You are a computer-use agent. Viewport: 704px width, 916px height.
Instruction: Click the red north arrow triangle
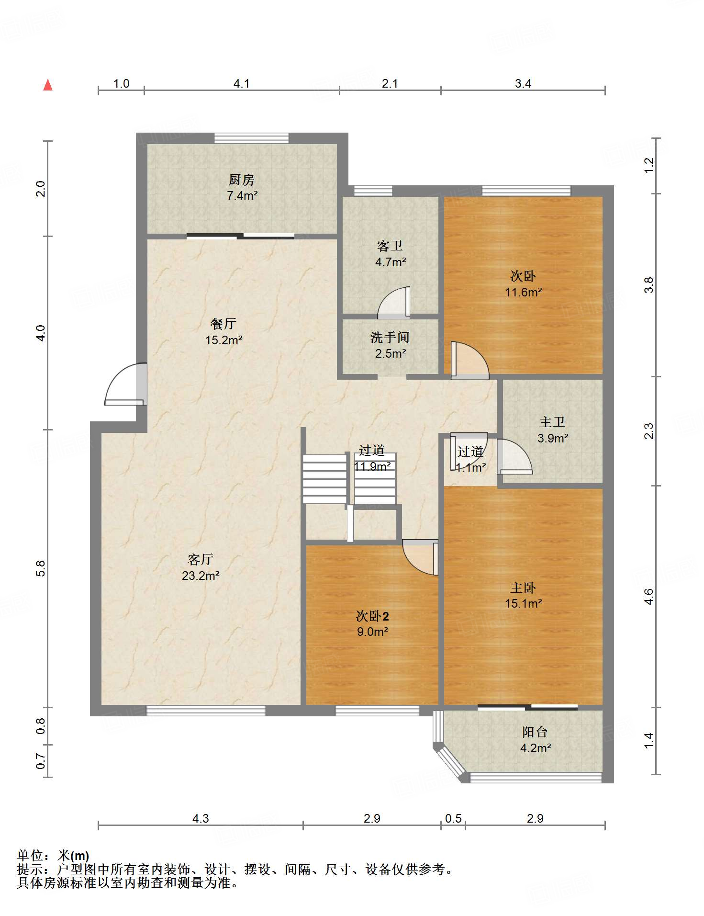pos(48,85)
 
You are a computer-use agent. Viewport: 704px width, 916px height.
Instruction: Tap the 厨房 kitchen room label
pos(242,180)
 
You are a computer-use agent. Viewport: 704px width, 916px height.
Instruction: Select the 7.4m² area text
pos(242,195)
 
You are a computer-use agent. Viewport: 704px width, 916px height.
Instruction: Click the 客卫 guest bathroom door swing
pos(394,303)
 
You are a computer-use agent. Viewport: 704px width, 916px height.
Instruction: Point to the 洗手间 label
pos(390,338)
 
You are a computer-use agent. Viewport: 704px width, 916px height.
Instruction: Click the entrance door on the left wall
pos(125,384)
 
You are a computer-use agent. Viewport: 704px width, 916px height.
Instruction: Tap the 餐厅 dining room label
pos(223,324)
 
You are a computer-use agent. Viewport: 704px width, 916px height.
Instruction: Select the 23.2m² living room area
pos(201,576)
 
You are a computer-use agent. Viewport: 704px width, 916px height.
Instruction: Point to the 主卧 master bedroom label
pos(523,588)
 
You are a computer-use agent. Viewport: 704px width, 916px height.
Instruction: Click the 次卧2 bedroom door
pos(420,557)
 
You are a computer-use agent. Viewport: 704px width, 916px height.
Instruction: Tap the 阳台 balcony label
pos(535,732)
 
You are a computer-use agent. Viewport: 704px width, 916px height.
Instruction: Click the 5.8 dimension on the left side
pos(41,568)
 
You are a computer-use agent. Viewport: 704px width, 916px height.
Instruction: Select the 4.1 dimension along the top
pos(242,84)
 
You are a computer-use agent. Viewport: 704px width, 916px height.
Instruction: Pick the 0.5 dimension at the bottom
pos(453,818)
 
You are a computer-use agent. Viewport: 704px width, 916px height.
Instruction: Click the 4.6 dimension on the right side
pos(649,597)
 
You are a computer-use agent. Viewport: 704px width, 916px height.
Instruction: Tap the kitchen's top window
pos(252,138)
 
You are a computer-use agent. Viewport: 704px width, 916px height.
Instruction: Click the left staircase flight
pos(324,479)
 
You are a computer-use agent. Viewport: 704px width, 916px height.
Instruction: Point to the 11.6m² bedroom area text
pos(524,292)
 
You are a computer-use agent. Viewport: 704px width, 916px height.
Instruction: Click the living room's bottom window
pos(206,711)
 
